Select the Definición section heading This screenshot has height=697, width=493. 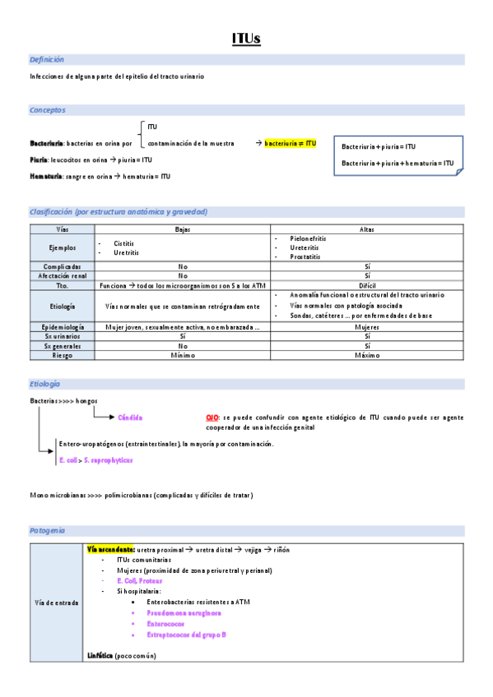47,60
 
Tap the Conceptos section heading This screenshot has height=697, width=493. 48,110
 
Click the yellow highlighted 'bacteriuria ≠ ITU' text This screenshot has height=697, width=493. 291,143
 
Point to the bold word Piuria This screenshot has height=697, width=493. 39,159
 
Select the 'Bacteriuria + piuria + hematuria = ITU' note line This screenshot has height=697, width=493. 397,163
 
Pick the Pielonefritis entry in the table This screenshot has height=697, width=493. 308,238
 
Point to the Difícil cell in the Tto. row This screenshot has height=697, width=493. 367,285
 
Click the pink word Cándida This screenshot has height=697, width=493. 130,418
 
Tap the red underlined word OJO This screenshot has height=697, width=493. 212,418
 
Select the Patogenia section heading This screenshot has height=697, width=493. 48,531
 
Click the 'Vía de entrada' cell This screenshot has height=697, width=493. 57,602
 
